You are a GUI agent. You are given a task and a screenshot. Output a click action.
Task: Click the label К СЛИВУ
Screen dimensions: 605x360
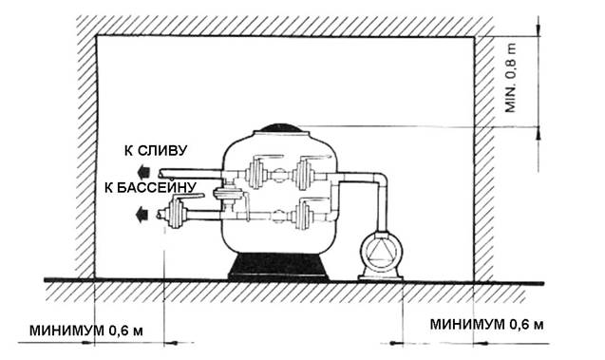(156, 150)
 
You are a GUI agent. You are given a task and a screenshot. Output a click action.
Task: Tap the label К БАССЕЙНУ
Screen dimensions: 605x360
(150, 187)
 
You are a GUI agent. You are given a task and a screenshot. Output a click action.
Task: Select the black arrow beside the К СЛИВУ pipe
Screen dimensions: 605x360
(143, 171)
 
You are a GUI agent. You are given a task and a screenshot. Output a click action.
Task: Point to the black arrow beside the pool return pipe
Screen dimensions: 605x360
(142, 214)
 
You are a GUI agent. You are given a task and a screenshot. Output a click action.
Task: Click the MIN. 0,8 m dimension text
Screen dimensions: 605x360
(510, 78)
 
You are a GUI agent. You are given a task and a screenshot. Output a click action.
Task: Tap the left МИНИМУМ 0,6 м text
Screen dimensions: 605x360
(86, 331)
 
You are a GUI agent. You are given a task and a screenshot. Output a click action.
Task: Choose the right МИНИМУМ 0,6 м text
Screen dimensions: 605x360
(486, 325)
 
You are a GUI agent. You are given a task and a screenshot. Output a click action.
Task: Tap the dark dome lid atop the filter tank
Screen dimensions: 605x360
(283, 128)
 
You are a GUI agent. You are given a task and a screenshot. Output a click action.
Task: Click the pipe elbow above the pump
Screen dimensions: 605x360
(380, 180)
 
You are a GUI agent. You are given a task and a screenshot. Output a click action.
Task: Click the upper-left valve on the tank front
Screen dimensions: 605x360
(255, 173)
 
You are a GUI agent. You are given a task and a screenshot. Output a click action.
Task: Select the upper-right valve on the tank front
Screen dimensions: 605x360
(304, 173)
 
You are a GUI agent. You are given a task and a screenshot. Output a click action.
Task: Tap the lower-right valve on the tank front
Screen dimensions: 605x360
(302, 215)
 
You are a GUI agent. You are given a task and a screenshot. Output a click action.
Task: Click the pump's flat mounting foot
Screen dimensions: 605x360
(381, 277)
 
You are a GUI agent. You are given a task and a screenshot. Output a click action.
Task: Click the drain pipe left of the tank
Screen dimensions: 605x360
(190, 174)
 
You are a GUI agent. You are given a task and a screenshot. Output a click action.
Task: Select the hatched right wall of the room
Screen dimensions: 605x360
(483, 159)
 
